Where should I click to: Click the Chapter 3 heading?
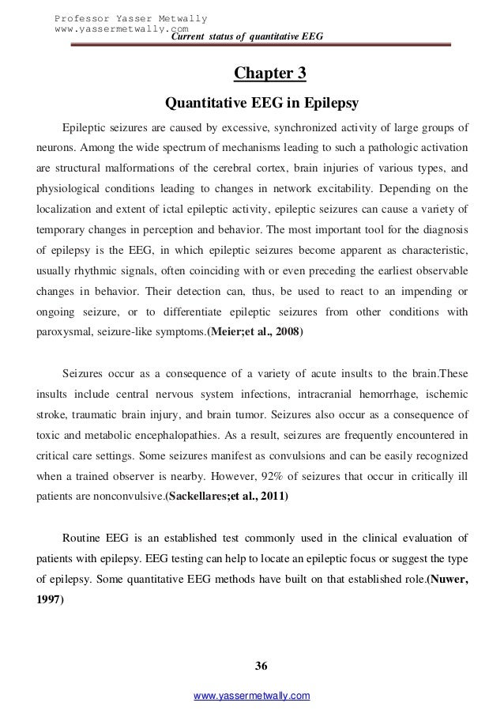click(x=269, y=75)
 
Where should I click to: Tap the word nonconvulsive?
click(x=117, y=475)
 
